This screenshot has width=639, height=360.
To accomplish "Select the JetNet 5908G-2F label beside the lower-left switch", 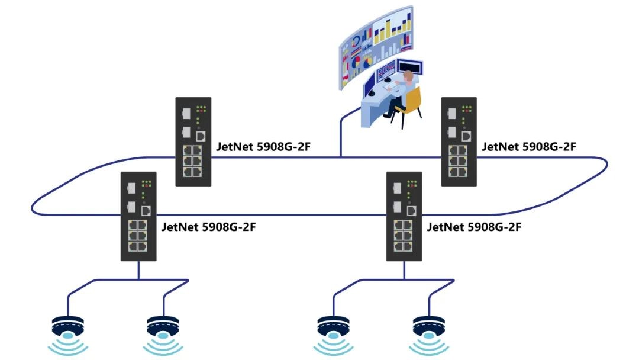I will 208,226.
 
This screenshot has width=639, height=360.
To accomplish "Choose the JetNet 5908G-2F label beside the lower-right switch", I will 474,226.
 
